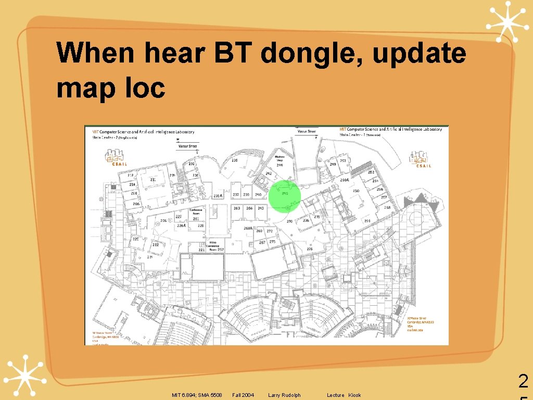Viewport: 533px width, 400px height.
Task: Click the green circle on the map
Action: pos(285,196)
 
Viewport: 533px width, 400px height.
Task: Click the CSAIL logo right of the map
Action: pos(420,159)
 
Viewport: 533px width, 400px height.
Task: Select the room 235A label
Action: pos(218,195)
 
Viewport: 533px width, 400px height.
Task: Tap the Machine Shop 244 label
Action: pos(280,161)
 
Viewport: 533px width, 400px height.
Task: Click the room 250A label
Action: pos(344,180)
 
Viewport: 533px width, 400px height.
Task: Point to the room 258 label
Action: pos(387,207)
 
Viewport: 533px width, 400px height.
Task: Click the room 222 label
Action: pos(155,245)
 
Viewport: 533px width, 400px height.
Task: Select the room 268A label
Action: pos(248,228)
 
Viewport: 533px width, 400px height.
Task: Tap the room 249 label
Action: pos(333,164)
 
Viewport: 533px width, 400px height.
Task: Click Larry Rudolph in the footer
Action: pos(284,395)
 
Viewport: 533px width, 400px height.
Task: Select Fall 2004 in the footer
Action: pos(243,395)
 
